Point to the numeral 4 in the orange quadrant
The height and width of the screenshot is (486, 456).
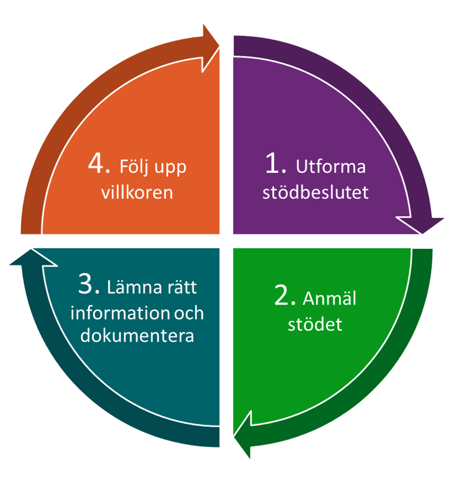(98, 164)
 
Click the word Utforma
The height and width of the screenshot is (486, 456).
(331, 167)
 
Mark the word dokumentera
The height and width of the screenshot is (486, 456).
(137, 336)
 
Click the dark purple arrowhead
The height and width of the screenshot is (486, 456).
(422, 224)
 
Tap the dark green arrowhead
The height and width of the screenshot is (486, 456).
(244, 436)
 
